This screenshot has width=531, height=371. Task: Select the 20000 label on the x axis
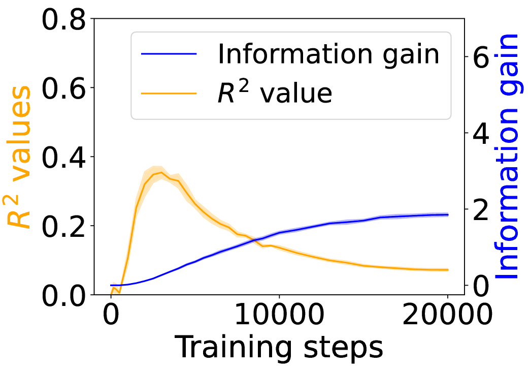(x=447, y=317)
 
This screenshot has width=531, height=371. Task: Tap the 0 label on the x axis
(x=111, y=317)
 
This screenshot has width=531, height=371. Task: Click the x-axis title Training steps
(x=279, y=348)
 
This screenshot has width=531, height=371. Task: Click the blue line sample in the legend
(x=168, y=54)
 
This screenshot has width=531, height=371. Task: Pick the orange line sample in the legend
(x=168, y=93)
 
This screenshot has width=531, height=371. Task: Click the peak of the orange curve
(x=161, y=172)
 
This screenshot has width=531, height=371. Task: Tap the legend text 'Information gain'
(x=328, y=54)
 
